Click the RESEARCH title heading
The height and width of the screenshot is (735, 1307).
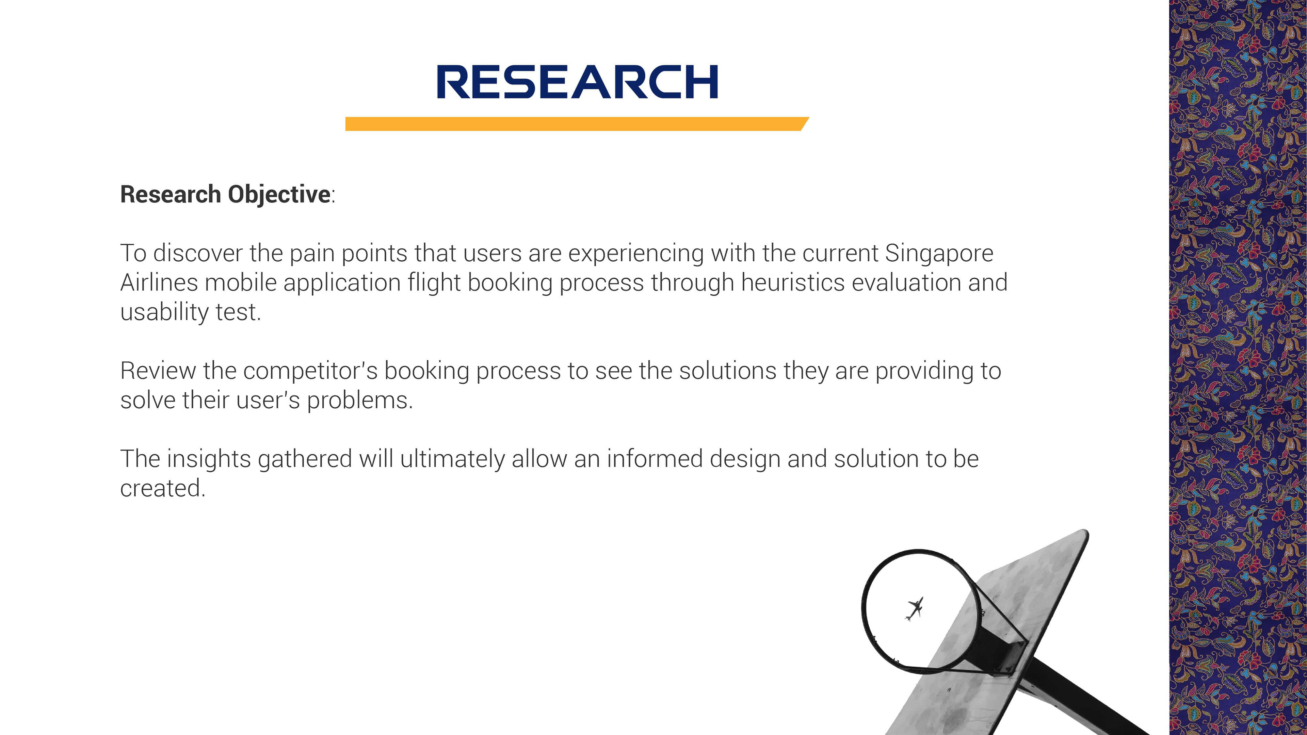[x=577, y=82]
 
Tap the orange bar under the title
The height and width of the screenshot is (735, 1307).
[x=577, y=124]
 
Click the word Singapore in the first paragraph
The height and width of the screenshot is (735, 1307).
[x=939, y=254]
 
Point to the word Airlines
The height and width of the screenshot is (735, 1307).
[x=159, y=282]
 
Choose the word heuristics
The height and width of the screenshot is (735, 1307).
[x=792, y=282]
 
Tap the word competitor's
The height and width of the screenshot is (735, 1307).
[x=310, y=371]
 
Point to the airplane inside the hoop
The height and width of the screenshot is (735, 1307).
[x=914, y=609]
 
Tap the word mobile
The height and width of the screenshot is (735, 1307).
[x=241, y=282]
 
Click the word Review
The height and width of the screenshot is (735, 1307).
[x=158, y=371]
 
